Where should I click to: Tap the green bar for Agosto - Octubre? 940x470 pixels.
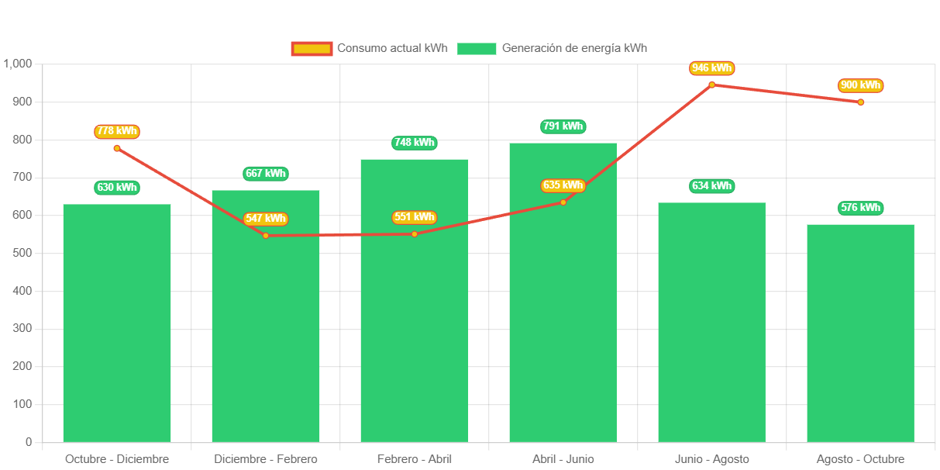tap(860, 333)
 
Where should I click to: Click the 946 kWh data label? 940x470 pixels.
tap(711, 68)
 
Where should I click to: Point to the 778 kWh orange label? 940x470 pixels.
tap(117, 131)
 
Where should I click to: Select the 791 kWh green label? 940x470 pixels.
tap(563, 126)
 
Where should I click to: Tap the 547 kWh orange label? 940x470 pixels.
tap(266, 219)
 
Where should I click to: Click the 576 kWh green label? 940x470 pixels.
tap(860, 208)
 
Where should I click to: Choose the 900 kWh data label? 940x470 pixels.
tap(860, 85)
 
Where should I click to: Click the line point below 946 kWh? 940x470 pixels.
tap(711, 85)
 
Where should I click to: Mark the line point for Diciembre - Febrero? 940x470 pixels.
tap(266, 235)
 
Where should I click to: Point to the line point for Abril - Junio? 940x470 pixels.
tap(563, 202)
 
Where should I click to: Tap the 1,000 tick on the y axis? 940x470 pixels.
tap(17, 64)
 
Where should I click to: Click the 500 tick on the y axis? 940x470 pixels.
tap(22, 253)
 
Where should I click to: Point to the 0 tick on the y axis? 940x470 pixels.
tap(29, 442)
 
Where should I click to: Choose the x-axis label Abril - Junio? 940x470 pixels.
tap(563, 459)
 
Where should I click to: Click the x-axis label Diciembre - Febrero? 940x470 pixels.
tap(266, 459)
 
